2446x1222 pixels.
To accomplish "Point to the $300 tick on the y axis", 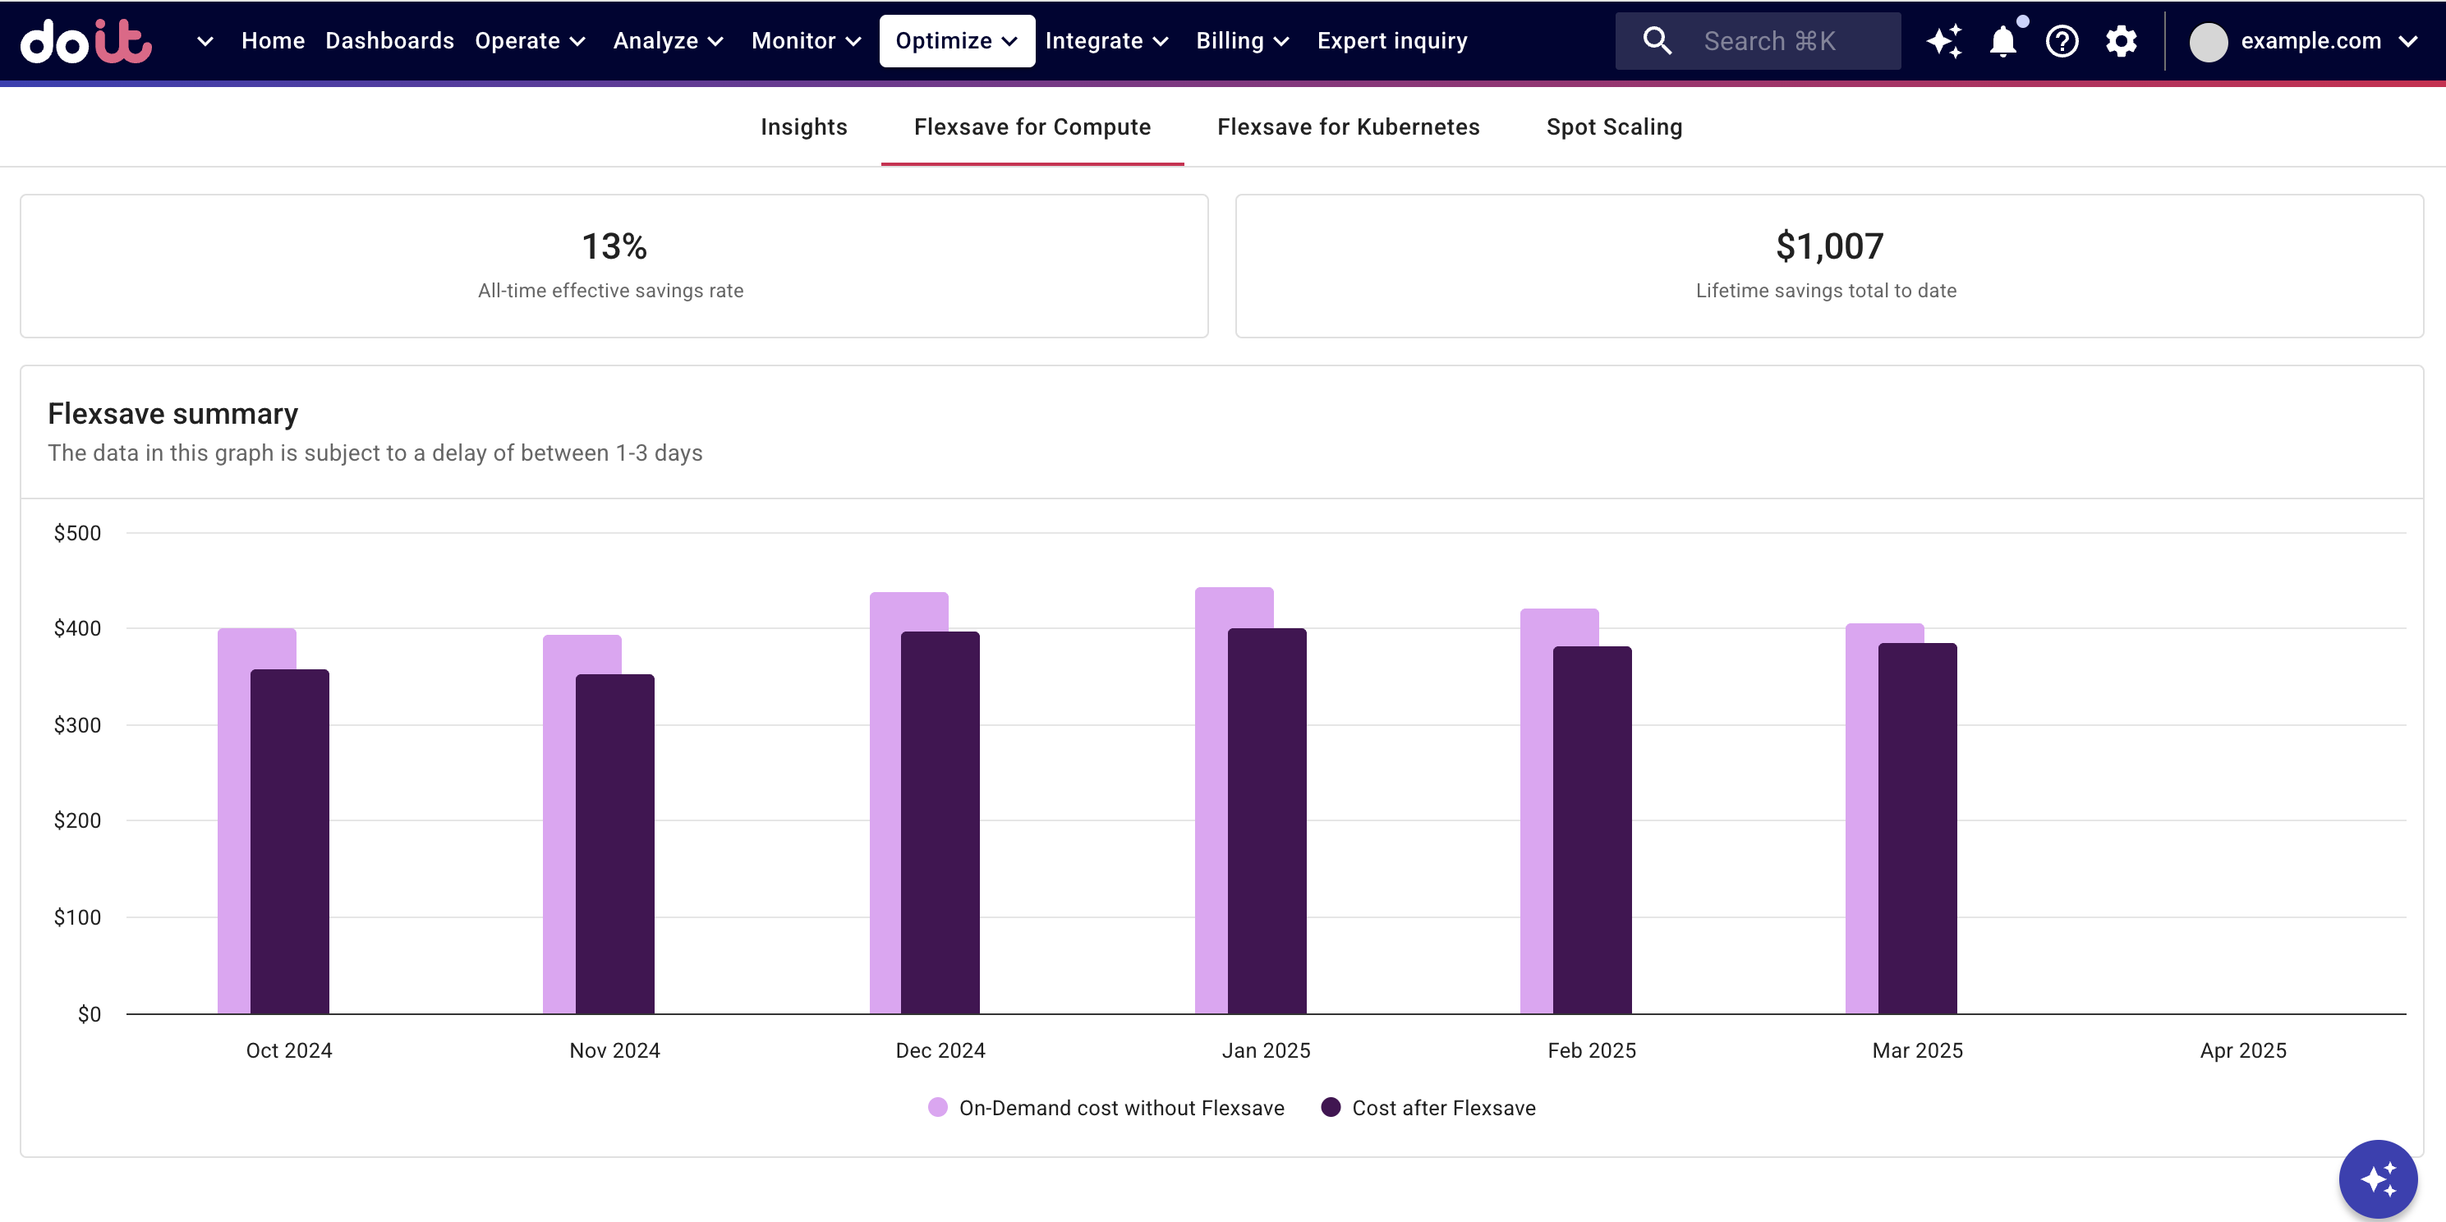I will (x=77, y=725).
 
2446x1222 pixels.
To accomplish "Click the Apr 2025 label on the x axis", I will (x=2243, y=1050).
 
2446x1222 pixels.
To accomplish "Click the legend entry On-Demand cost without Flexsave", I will (x=1120, y=1108).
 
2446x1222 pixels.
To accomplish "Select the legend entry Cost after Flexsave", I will (x=1442, y=1108).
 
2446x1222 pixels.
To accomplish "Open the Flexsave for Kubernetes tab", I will (x=1347, y=127).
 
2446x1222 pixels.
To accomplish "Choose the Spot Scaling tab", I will (x=1613, y=127).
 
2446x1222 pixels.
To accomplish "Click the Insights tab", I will (x=803, y=127).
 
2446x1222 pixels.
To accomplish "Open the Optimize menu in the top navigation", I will (x=956, y=41).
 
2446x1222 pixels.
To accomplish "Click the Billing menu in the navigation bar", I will (x=1241, y=41).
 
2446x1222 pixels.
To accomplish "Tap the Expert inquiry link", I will (x=1391, y=41).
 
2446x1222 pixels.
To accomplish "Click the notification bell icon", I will (x=2002, y=42).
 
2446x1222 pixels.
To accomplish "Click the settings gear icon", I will (x=2120, y=42).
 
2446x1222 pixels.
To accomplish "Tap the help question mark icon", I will (x=2062, y=42).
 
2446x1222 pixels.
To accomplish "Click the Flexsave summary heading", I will (x=172, y=414).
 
